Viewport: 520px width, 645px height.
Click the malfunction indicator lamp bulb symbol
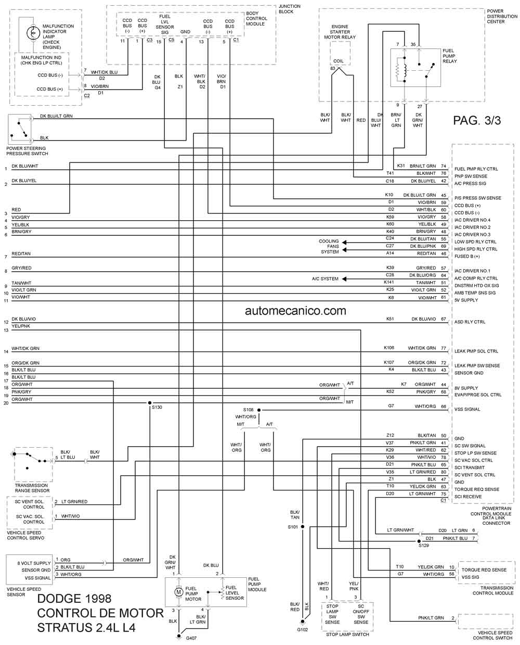coord(33,33)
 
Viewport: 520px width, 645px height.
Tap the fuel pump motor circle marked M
coord(178,591)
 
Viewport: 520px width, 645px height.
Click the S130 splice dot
coord(150,403)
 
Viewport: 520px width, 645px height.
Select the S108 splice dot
coord(259,410)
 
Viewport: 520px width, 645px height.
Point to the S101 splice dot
coord(303,527)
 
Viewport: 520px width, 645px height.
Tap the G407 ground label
coord(191,638)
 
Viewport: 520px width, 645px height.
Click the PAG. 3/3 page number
coord(477,121)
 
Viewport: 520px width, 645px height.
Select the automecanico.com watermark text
coord(295,311)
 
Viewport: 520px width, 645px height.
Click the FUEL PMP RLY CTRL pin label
coord(476,169)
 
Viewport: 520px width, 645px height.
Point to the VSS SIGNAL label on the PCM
coord(467,409)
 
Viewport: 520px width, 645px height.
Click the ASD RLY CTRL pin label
coord(470,322)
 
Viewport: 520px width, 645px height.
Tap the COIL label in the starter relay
coord(338,61)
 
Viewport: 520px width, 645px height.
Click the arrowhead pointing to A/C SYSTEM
coord(344,279)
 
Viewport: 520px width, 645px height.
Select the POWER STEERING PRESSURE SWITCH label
coord(27,151)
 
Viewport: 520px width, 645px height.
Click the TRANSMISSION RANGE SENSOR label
coord(32,488)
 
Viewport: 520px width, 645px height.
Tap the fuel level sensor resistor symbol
coord(223,593)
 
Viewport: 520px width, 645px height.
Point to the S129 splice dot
coord(419,541)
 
